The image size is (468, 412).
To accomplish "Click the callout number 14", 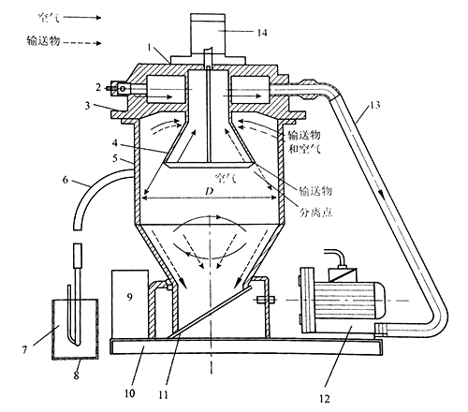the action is click(x=262, y=33).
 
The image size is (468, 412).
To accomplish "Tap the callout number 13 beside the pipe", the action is click(x=374, y=105).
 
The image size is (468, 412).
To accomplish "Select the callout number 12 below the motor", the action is click(x=325, y=399).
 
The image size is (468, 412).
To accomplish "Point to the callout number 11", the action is click(x=163, y=395).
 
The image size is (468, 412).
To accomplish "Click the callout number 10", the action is click(x=130, y=393).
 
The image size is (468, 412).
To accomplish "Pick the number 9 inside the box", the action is click(x=130, y=297).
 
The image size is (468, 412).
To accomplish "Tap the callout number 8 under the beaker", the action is click(x=77, y=375).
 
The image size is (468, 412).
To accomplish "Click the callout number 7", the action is click(x=24, y=350).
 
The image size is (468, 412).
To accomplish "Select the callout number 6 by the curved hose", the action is click(x=66, y=180).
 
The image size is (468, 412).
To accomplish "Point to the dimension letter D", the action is click(x=209, y=191).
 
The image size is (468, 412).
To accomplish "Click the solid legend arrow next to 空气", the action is click(x=82, y=18).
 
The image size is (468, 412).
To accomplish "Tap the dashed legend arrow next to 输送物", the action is click(x=82, y=43).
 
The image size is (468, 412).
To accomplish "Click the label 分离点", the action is click(x=315, y=213).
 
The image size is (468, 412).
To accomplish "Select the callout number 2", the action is click(x=98, y=88).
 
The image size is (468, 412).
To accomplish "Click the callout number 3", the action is click(x=87, y=106).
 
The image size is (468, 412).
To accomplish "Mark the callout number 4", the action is click(x=115, y=143).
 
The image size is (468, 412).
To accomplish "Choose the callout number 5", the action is click(x=115, y=158).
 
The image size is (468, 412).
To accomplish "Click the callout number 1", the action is click(x=150, y=48).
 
